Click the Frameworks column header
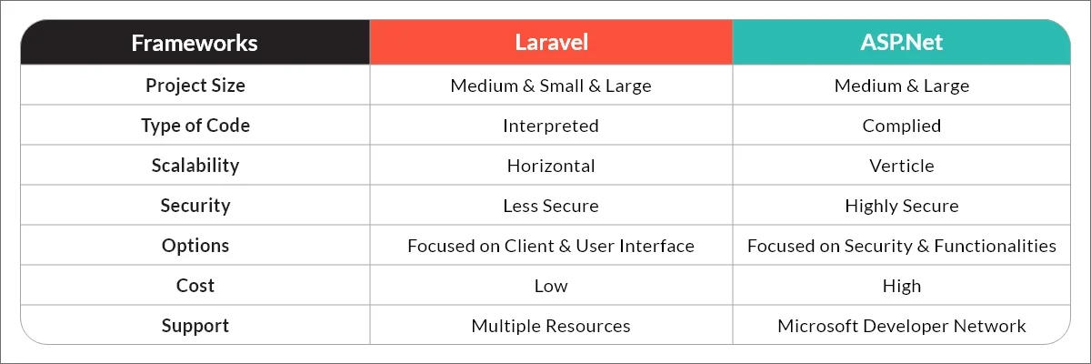(x=195, y=43)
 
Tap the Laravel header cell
(x=551, y=43)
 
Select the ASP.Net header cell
(x=902, y=43)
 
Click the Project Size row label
(x=195, y=86)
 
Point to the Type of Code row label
(x=195, y=126)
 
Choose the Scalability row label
(x=195, y=166)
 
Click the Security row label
(x=195, y=206)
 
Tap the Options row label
(x=195, y=246)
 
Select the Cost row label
(x=195, y=286)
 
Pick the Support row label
(x=195, y=326)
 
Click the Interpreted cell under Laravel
(x=551, y=126)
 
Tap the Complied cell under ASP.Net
(x=902, y=126)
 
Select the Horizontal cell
(x=551, y=166)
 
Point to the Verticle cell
(x=902, y=166)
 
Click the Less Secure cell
(x=551, y=206)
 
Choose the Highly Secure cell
(x=902, y=206)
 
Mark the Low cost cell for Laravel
(x=551, y=286)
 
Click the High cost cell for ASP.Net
(x=902, y=286)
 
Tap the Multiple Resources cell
(x=551, y=326)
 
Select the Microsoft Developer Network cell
(x=902, y=326)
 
